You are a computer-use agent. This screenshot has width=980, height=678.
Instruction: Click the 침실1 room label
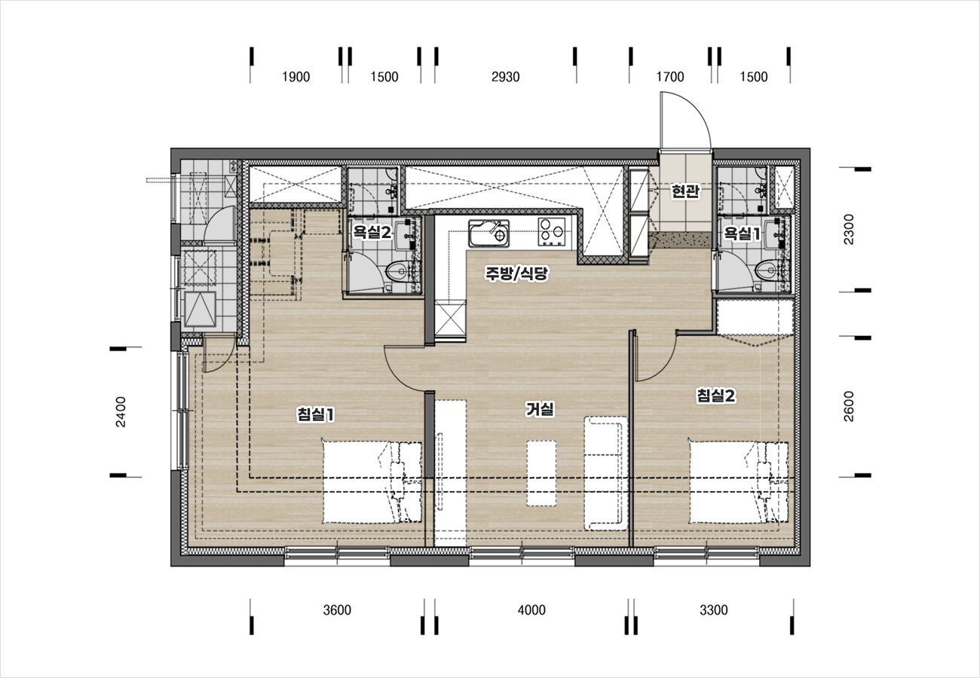point(316,414)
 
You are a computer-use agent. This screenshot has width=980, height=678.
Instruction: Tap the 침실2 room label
point(716,395)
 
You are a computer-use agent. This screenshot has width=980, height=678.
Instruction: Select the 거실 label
point(540,409)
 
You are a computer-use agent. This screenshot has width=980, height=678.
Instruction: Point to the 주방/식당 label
point(516,273)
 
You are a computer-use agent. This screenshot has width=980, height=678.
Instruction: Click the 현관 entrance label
point(685,191)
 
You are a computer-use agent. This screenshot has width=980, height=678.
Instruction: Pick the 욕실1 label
point(742,234)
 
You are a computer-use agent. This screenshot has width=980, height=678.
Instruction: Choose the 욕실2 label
point(372,232)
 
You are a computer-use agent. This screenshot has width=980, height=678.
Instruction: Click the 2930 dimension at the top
point(505,77)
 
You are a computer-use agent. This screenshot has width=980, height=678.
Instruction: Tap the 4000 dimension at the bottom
point(531,609)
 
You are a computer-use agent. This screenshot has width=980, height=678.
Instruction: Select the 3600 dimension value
point(337,609)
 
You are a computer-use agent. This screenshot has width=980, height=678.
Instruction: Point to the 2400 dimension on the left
point(121,412)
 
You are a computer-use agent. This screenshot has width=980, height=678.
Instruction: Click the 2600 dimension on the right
point(848,406)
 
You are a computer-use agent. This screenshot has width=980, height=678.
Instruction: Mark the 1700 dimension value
point(670,77)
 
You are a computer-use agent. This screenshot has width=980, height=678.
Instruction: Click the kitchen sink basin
point(488,233)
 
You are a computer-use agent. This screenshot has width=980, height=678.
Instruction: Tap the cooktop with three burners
point(552,232)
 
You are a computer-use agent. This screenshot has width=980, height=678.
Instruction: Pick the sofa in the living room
point(606,473)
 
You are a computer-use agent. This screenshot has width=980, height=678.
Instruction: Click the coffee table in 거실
point(541,473)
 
